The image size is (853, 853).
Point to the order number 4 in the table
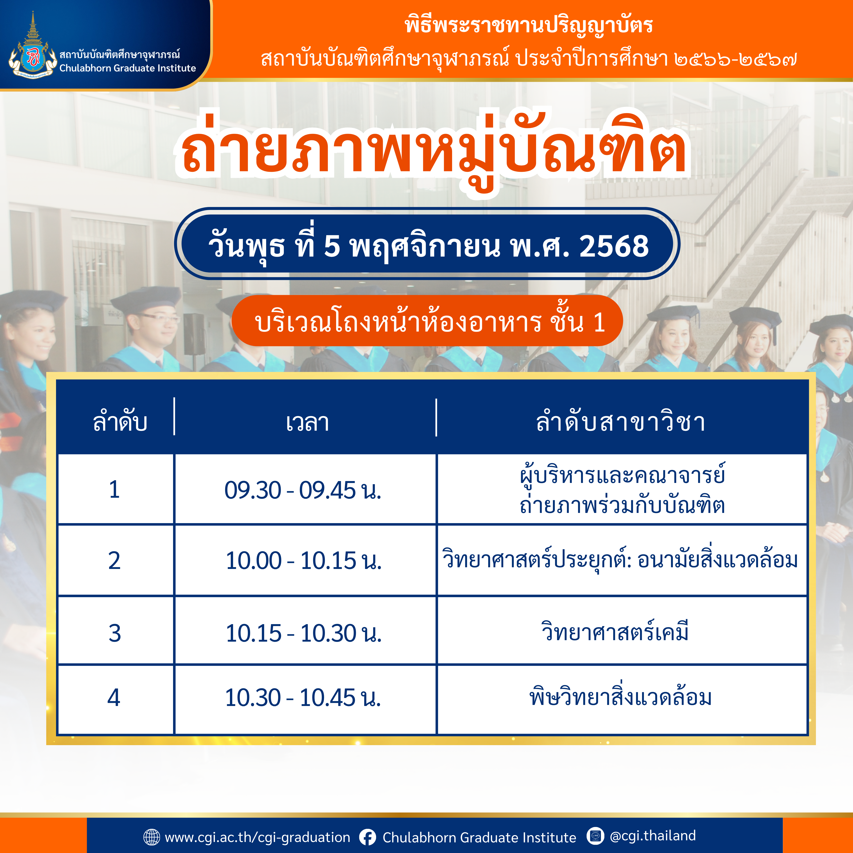[x=114, y=698]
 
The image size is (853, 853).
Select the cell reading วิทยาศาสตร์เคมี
[x=615, y=631]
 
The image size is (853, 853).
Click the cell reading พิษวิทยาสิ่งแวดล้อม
[x=620, y=697]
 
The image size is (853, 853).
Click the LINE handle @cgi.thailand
[x=652, y=835]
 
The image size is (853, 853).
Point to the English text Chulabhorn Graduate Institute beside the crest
[x=128, y=68]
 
